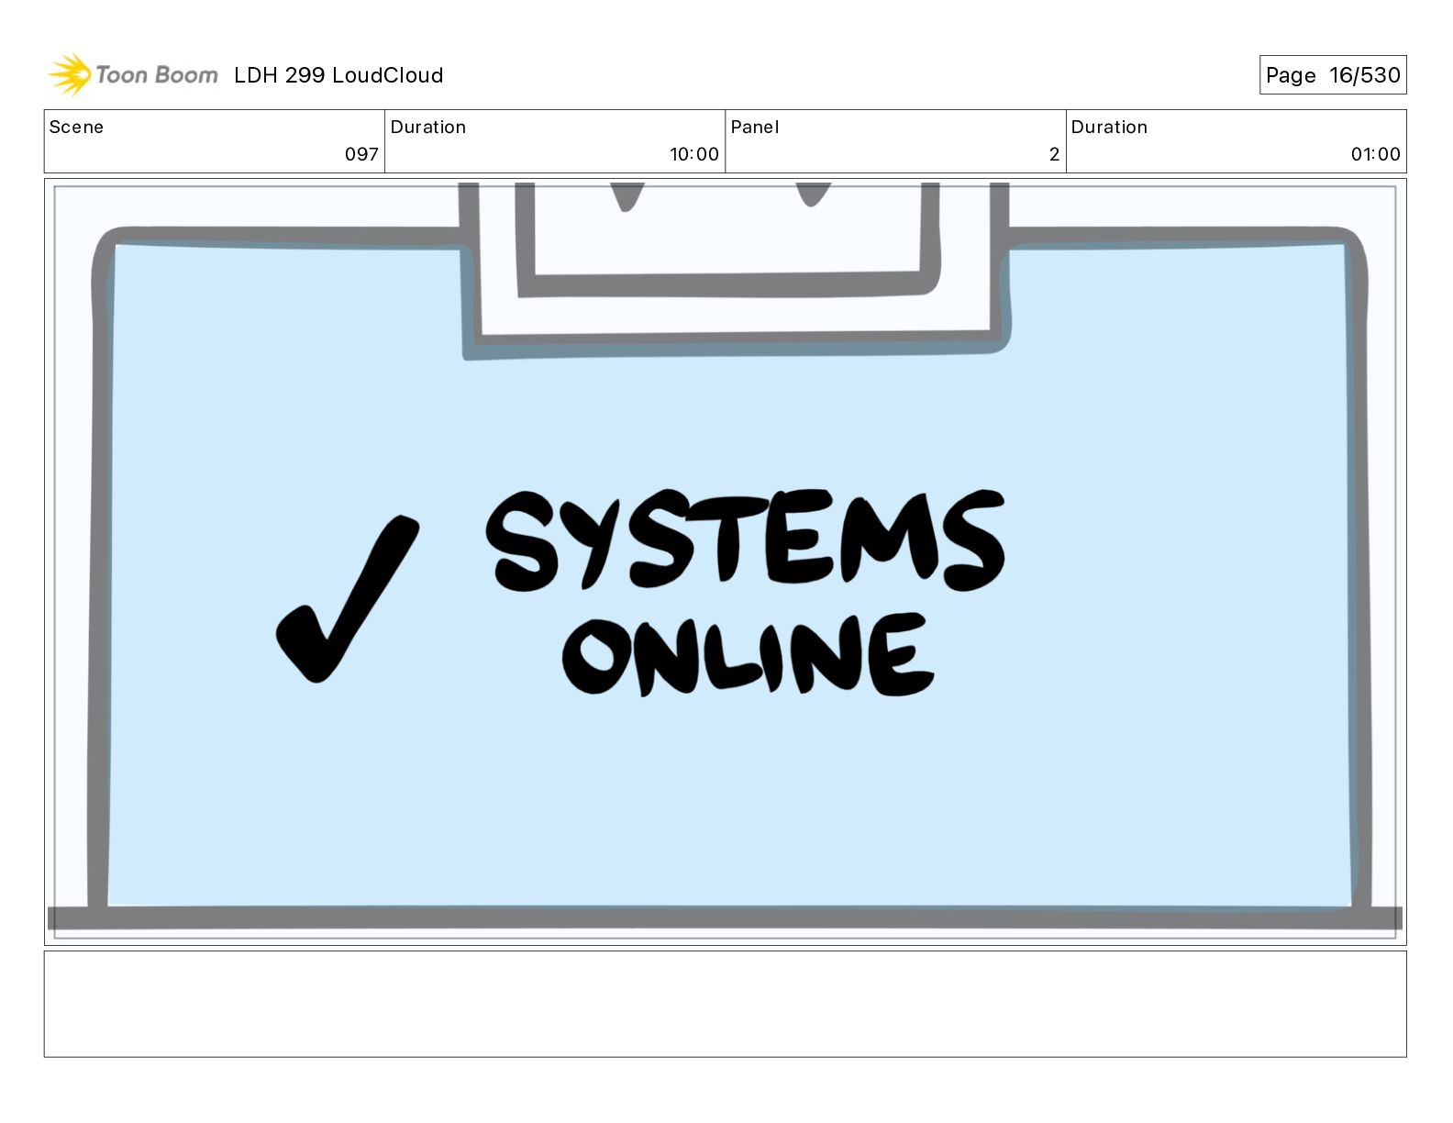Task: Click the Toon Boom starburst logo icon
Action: pos(69,74)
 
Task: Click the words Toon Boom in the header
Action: pos(156,75)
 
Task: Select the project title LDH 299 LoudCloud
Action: pos(338,75)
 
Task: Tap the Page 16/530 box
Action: pos(1332,75)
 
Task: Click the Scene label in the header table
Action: pos(76,128)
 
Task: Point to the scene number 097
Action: pos(361,154)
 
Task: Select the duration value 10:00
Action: pos(693,154)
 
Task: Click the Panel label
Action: pos(754,128)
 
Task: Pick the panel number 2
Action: pos(1054,154)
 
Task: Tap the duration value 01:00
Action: pos(1375,154)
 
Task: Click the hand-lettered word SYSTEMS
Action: pos(745,541)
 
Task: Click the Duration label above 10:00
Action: pos(427,128)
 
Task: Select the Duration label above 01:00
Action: pos(1108,128)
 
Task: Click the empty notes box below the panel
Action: pos(725,1004)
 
